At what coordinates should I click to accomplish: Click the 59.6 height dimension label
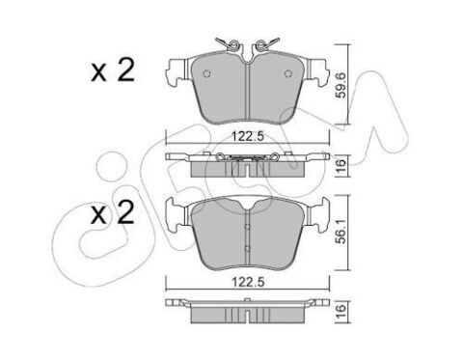341,85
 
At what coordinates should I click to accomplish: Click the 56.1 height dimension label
341,232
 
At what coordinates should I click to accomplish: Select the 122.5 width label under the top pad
248,137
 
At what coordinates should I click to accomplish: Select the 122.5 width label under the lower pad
248,282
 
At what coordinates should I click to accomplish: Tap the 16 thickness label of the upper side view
341,165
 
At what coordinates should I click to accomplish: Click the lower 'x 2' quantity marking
113,212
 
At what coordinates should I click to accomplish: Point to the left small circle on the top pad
207,73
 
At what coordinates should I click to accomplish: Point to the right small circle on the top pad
288,73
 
